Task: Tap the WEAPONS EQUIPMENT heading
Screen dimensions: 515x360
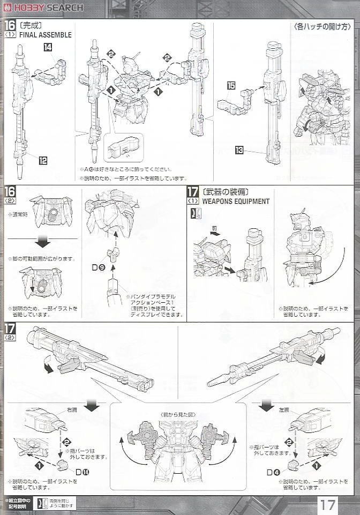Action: coord(235,201)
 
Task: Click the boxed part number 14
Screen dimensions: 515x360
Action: coord(48,48)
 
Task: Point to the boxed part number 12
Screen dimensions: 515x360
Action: coord(43,159)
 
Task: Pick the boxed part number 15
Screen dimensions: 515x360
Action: coord(231,85)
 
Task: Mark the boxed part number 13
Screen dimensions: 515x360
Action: coord(238,151)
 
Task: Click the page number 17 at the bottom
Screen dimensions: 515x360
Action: coord(330,504)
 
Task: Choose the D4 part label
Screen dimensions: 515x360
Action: coord(274,472)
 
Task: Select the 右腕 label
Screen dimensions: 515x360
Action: coord(72,409)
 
